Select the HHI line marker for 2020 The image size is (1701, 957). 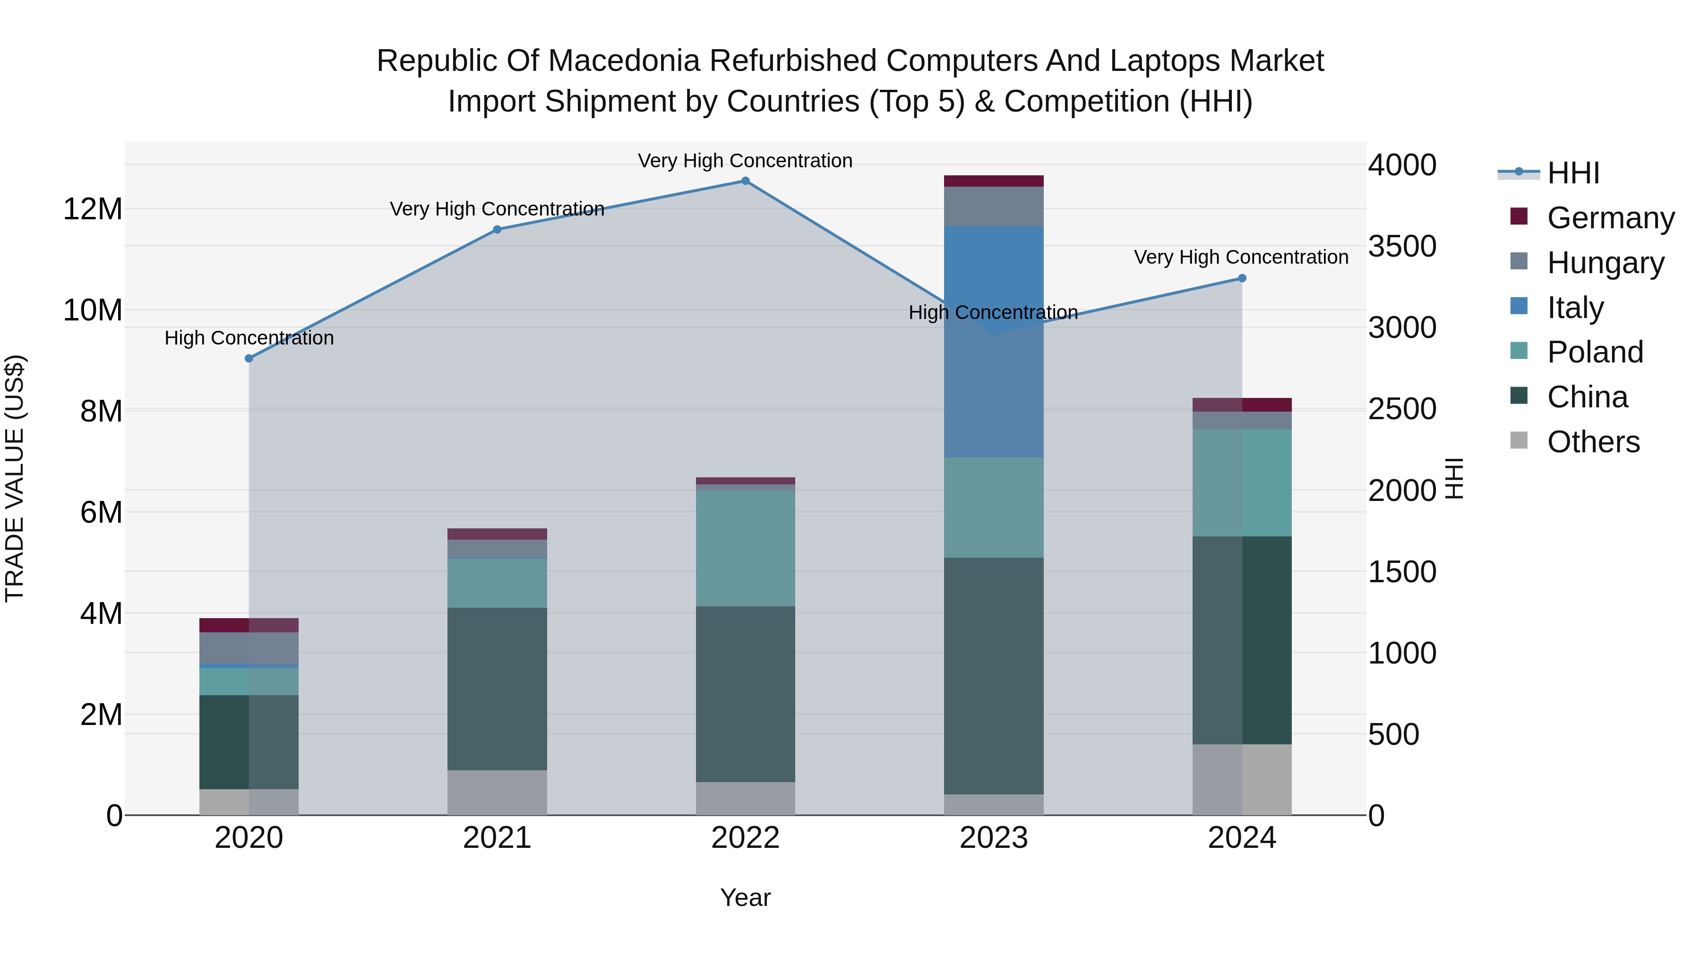tap(249, 359)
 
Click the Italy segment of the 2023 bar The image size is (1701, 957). tap(993, 342)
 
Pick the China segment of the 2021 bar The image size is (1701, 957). tap(497, 689)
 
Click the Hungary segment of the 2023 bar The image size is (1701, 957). tap(993, 206)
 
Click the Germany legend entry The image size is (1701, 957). tap(1611, 217)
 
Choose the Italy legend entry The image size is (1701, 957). tap(1575, 307)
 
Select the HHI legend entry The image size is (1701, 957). tap(1573, 173)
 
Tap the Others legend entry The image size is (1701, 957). tap(1593, 441)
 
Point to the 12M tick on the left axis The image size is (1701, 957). tap(93, 209)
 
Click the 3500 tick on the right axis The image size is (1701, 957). tap(1401, 246)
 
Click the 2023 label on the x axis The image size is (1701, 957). tap(993, 838)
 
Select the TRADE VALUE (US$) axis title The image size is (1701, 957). tap(15, 478)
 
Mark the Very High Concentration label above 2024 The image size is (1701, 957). tap(1241, 257)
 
